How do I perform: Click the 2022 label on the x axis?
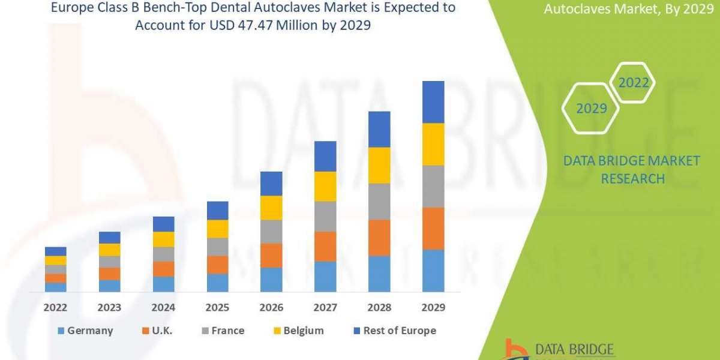[x=55, y=308]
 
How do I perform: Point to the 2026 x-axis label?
[x=271, y=308]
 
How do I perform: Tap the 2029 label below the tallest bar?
[x=433, y=308]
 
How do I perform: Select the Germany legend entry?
[x=85, y=331]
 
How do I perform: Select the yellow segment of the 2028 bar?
[x=379, y=165]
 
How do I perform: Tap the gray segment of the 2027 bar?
[x=325, y=217]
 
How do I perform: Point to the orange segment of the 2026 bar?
[x=271, y=256]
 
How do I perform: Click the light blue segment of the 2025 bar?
[x=217, y=283]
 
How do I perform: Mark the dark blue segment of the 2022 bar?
[x=55, y=251]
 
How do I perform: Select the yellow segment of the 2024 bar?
[x=163, y=239]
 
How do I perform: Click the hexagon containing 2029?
[x=590, y=109]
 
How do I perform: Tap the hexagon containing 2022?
[x=634, y=83]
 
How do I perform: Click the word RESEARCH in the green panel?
[x=632, y=179]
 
